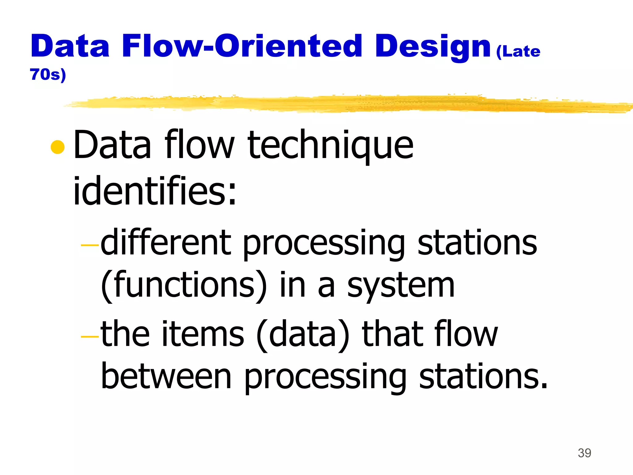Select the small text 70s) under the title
[48, 75]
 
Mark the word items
[203, 334]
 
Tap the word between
[166, 377]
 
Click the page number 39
[584, 453]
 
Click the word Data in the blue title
[70, 46]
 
